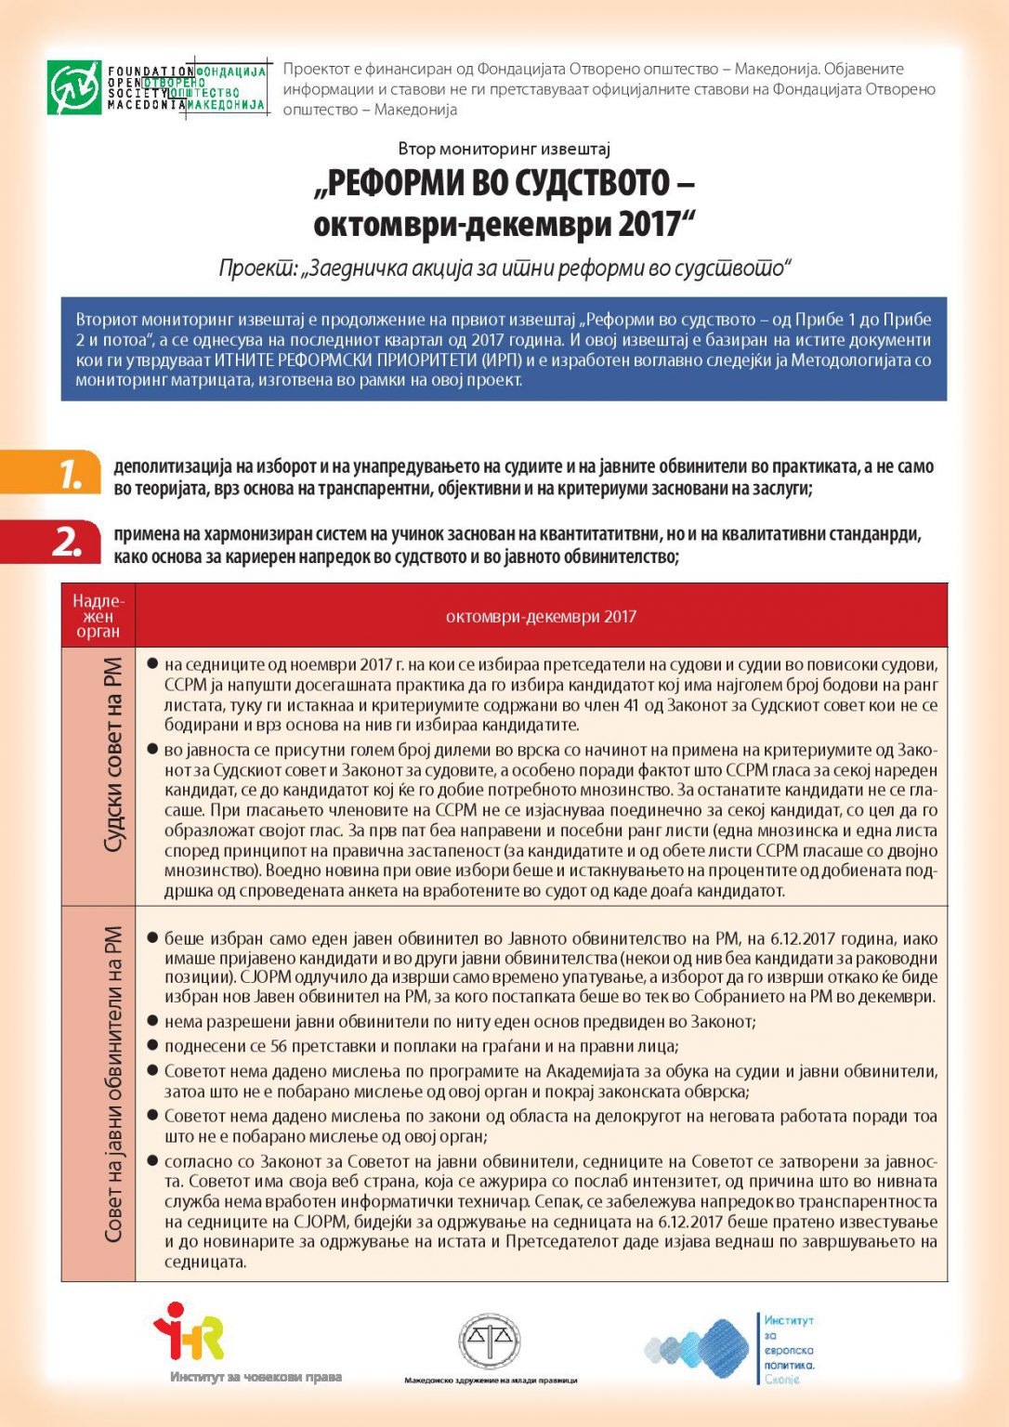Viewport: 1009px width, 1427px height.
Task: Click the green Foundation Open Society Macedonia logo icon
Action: [74, 87]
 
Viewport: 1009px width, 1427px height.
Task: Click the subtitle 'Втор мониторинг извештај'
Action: [504, 149]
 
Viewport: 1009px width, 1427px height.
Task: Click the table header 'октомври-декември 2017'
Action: [541, 616]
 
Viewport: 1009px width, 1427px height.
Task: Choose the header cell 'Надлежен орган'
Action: [98, 616]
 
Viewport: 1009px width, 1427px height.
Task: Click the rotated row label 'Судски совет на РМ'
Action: [112, 754]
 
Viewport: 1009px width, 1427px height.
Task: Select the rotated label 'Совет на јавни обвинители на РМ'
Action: [112, 1083]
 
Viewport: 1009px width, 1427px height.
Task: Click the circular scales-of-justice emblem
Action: [490, 1341]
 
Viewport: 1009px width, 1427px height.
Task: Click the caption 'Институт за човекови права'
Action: [256, 1377]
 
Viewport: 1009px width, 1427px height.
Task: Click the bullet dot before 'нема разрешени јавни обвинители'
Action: [152, 1021]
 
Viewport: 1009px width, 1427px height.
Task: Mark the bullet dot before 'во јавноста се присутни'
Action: [152, 749]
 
